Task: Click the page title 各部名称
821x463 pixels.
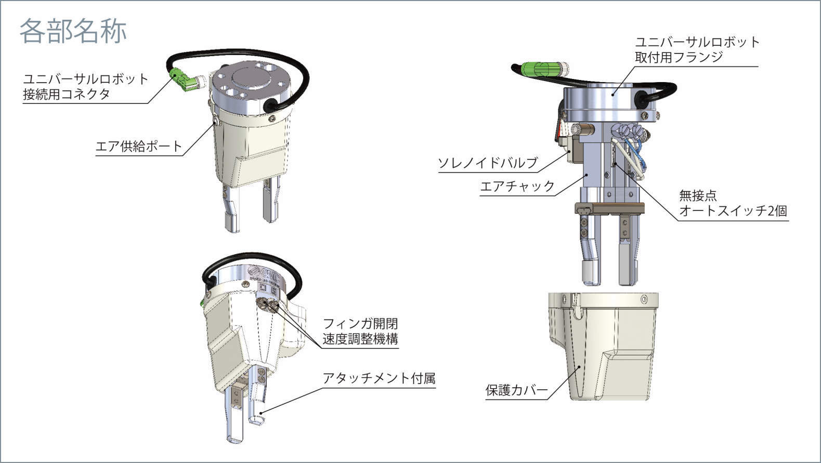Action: (73, 32)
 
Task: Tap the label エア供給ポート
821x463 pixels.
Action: (138, 147)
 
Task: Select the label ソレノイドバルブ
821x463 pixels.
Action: (488, 163)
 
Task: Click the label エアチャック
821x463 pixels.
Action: (517, 186)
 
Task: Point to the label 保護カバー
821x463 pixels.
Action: (516, 390)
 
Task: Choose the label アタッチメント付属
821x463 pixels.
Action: (379, 378)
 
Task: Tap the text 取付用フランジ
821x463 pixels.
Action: (679, 57)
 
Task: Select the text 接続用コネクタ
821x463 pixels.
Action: (67, 94)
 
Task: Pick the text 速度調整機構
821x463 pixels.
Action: (360, 339)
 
